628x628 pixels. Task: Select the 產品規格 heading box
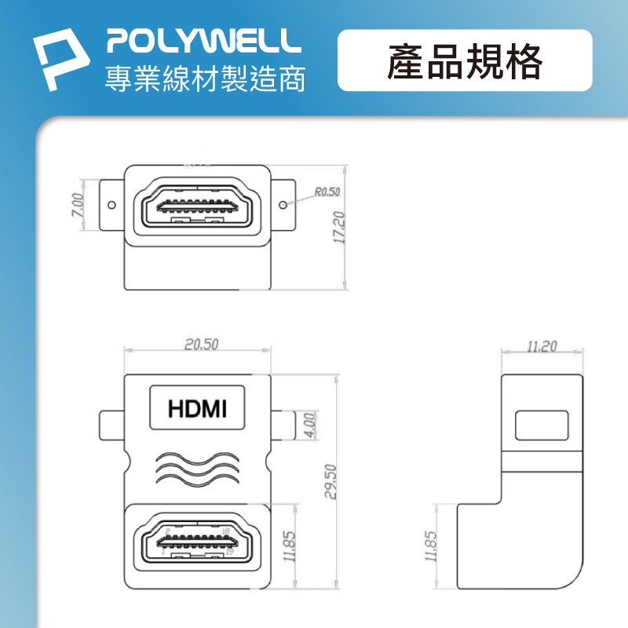(x=465, y=61)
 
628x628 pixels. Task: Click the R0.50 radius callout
(x=327, y=192)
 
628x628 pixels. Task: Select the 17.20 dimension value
(x=339, y=228)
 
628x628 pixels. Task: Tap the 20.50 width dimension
(x=201, y=344)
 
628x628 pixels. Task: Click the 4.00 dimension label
(x=309, y=425)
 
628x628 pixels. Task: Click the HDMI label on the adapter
(x=198, y=408)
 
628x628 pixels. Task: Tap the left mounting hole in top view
(x=111, y=206)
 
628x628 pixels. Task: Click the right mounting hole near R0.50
(x=284, y=206)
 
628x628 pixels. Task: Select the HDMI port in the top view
(x=198, y=207)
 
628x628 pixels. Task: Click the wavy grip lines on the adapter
(x=197, y=468)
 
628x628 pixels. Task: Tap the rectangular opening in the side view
(x=541, y=425)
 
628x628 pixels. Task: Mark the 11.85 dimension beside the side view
(x=429, y=547)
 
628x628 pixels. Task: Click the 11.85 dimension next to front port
(x=289, y=547)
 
